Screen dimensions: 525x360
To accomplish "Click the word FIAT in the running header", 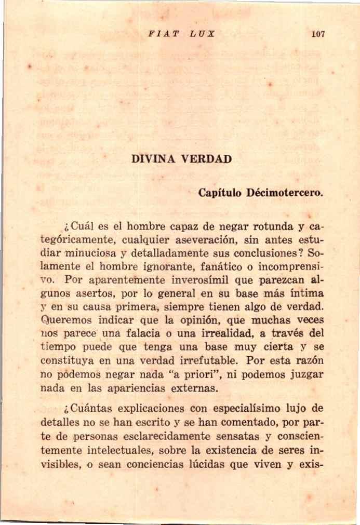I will (x=156, y=34).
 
